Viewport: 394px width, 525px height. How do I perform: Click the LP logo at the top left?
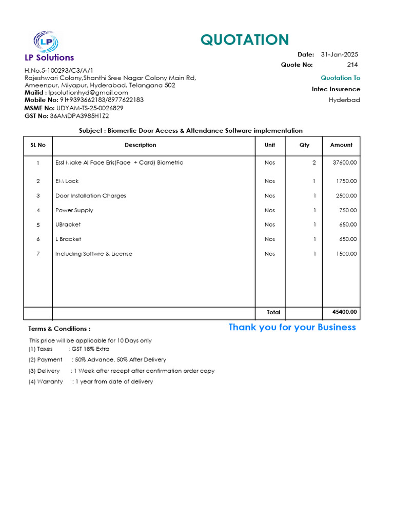click(46, 42)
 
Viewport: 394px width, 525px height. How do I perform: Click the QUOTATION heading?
click(245, 40)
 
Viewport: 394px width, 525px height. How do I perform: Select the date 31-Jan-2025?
click(339, 54)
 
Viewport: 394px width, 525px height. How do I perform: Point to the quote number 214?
click(352, 65)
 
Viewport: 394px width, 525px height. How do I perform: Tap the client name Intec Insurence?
click(336, 89)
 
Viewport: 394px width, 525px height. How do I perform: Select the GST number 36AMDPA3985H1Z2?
click(79, 116)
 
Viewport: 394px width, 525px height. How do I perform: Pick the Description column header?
click(141, 145)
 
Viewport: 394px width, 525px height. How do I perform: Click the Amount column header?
click(341, 145)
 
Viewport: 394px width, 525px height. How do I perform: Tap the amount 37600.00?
click(345, 163)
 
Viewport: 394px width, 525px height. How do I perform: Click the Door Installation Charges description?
click(91, 196)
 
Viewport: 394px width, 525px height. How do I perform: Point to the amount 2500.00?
click(346, 196)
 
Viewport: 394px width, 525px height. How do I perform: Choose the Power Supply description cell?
click(74, 210)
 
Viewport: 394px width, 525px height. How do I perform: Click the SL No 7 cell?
click(38, 254)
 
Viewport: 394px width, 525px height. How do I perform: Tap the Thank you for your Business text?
click(292, 327)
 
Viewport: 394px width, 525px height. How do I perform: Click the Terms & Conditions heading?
click(60, 329)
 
